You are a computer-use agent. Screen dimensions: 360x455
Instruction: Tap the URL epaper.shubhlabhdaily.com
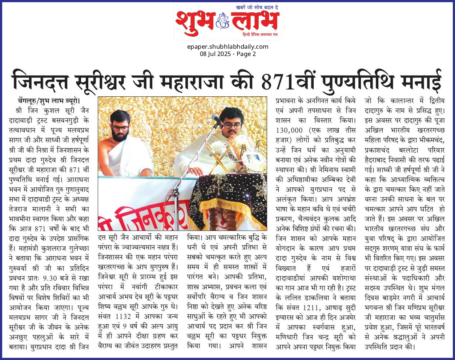pyautogui.click(x=227, y=47)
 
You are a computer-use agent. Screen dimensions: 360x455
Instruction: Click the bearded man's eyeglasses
pyautogui.click(x=120, y=128)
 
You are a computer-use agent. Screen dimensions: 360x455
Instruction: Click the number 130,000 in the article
pyautogui.click(x=289, y=130)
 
